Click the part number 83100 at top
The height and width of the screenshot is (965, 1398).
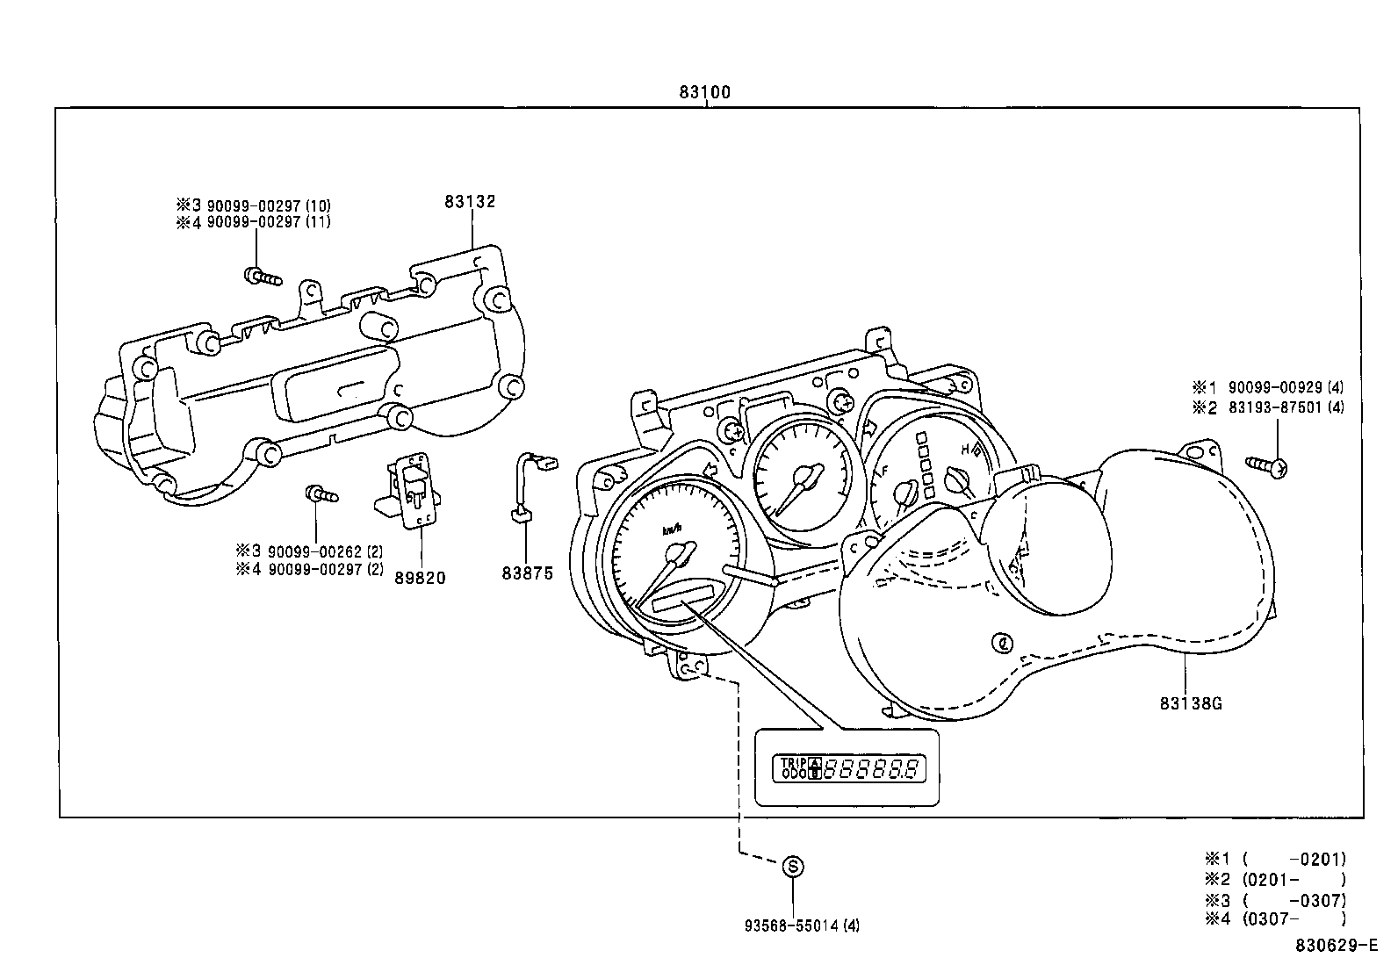tap(704, 91)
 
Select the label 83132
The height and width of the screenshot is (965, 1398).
tap(470, 201)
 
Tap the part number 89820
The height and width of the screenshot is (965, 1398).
tap(420, 577)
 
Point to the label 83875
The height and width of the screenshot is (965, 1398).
tap(528, 573)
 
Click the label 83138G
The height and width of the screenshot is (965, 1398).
tap(1191, 703)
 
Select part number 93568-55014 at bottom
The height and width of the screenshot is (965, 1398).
tap(802, 925)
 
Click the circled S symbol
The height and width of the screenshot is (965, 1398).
tap(793, 867)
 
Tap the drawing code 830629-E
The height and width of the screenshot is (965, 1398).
tap(1334, 946)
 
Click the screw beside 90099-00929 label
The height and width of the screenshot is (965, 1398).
tap(1267, 466)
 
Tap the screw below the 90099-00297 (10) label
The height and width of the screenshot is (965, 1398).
tap(263, 277)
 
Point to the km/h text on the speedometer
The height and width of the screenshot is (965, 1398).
tap(673, 529)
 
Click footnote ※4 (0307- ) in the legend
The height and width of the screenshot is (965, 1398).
tap(1274, 918)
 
